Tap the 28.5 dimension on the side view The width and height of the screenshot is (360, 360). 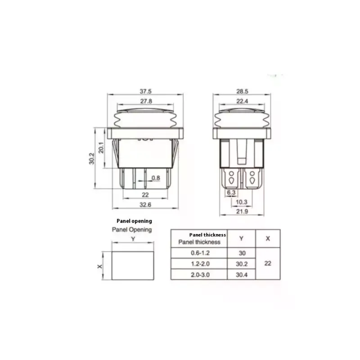[x=243, y=91]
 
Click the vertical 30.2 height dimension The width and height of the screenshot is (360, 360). [x=92, y=158]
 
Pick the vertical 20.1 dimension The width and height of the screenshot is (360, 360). [x=102, y=148]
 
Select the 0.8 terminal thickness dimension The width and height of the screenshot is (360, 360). [x=155, y=178]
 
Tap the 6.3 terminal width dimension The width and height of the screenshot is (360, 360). [x=231, y=192]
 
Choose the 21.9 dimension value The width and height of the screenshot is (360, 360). [x=243, y=211]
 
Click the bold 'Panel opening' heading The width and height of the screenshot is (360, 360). [x=134, y=221]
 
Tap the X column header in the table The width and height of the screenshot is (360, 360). [x=268, y=238]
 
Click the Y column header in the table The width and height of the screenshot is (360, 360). [x=242, y=238]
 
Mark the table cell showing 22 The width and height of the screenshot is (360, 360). [x=268, y=264]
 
